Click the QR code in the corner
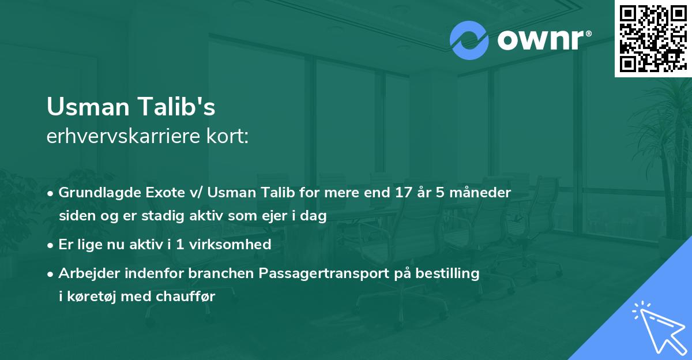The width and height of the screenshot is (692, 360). click(x=653, y=38)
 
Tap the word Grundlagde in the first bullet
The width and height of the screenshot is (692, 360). click(x=93, y=193)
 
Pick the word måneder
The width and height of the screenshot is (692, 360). click(x=486, y=193)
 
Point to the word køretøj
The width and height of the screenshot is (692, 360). click(x=95, y=297)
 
